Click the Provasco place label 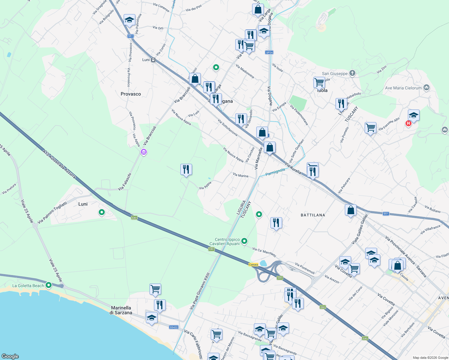[x=131, y=94]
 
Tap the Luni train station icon [x=153, y=60]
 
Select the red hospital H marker [x=408, y=123]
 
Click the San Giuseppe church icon [x=352, y=73]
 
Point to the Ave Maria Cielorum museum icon [x=426, y=88]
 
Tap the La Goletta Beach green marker [x=49, y=285]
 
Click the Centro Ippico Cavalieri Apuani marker [x=244, y=241]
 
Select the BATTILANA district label [x=313, y=215]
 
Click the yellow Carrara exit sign [x=254, y=265]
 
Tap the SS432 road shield [x=174, y=327]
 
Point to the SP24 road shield [x=269, y=52]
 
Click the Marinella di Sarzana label [x=121, y=310]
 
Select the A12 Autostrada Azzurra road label [x=59, y=165]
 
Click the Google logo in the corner [x=10, y=356]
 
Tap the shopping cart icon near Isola [x=319, y=82]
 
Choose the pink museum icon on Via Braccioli [x=144, y=152]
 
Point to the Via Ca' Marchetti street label [x=264, y=252]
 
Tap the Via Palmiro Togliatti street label [x=53, y=213]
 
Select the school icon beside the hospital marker [x=414, y=115]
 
